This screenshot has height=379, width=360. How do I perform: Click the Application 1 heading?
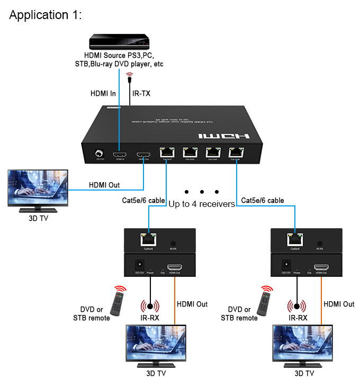(x=46, y=15)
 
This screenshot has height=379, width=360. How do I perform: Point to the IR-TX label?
(x=141, y=93)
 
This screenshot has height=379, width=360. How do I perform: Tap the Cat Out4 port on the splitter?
(x=236, y=152)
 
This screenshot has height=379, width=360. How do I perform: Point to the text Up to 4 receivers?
(x=202, y=204)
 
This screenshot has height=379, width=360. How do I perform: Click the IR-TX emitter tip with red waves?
(x=129, y=77)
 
